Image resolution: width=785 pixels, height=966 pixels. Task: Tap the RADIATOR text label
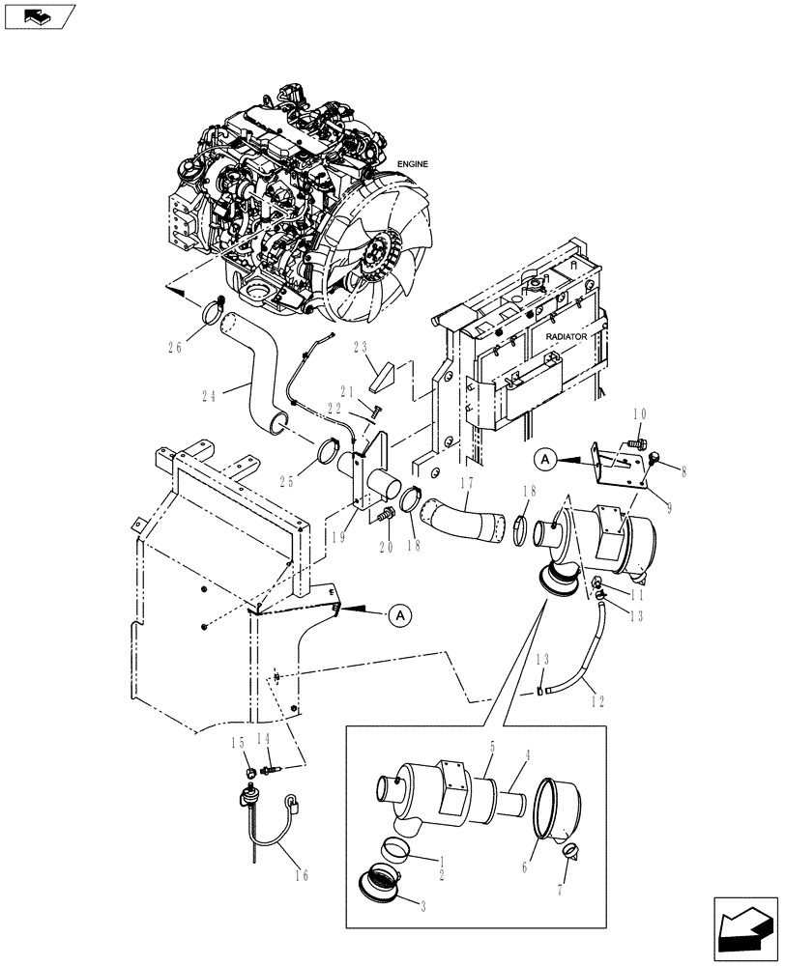(x=567, y=337)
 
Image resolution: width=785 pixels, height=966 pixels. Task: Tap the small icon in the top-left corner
(x=38, y=14)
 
